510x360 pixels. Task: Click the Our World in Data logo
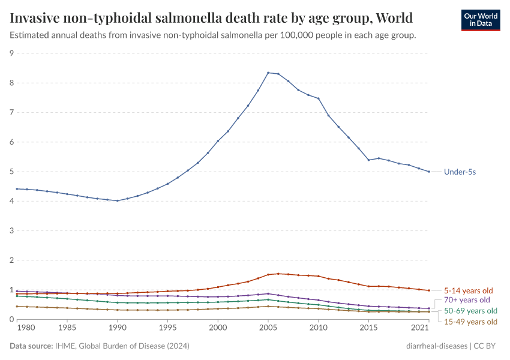pos(480,20)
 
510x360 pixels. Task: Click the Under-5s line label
pos(460,172)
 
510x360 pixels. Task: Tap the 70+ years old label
pos(467,300)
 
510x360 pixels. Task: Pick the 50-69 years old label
pos(470,311)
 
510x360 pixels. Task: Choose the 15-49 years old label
pos(470,322)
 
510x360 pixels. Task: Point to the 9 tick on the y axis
pos(11,53)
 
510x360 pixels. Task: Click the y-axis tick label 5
pos(11,172)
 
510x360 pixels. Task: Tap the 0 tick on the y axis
pos(11,320)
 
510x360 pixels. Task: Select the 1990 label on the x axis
pos(118,328)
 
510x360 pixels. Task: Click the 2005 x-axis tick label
pos(268,328)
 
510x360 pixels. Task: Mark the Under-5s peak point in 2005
pos(268,73)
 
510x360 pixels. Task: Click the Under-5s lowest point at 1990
pos(118,200)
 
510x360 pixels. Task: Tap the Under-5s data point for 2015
pos(368,160)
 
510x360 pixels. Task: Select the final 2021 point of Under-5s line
pos(428,172)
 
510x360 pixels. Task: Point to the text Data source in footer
pos(30,346)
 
